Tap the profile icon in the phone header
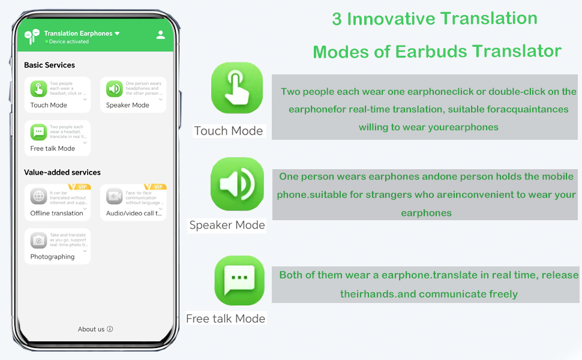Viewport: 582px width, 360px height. tap(160, 35)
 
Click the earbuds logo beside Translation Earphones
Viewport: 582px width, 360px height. tap(32, 37)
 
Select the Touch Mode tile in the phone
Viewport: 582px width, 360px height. tap(58, 95)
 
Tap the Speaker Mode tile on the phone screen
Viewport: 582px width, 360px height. tap(133, 95)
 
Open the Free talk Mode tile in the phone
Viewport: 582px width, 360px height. tap(58, 138)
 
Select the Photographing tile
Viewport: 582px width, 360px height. tap(58, 246)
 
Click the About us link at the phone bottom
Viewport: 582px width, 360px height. tap(95, 329)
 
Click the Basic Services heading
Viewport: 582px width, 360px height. tap(49, 65)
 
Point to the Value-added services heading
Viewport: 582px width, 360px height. tap(62, 172)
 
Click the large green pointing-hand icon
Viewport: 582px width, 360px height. tap(237, 88)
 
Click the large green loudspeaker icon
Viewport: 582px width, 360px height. tap(237, 184)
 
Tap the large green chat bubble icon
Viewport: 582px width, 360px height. tap(239, 280)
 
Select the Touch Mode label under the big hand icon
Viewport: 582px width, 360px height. tap(228, 131)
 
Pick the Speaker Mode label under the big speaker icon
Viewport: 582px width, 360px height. tap(227, 225)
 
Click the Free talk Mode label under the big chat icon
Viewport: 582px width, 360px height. tap(226, 319)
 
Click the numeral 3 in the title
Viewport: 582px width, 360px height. tap(337, 19)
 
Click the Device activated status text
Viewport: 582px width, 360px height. tap(68, 42)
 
